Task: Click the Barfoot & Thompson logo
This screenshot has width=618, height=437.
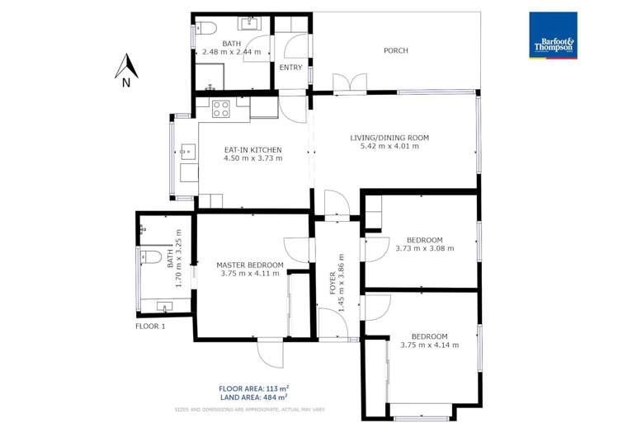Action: [x=553, y=35]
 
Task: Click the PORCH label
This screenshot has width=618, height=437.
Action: [x=396, y=51]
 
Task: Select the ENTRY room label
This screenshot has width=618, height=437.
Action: [x=290, y=68]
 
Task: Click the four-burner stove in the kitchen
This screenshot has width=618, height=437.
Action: [x=220, y=108]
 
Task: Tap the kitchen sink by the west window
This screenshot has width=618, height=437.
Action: [x=187, y=152]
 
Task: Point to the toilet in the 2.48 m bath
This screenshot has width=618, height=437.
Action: [x=205, y=28]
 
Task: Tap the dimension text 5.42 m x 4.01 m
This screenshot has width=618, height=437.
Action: [x=389, y=147]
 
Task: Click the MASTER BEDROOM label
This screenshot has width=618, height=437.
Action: [x=250, y=265]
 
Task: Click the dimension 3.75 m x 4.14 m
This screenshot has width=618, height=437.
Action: [x=429, y=345]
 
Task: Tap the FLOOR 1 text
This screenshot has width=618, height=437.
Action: [x=150, y=327]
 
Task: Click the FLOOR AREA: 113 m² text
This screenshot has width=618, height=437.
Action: [x=253, y=388]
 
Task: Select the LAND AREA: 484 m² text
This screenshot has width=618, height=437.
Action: [x=253, y=397]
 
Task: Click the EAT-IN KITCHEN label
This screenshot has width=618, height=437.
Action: [x=253, y=150]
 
